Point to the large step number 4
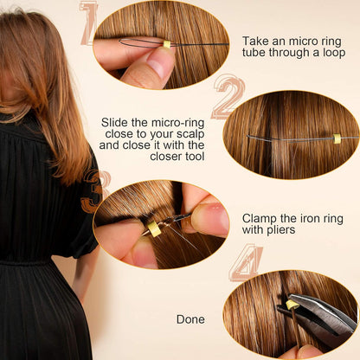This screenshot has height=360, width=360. [x=247, y=262]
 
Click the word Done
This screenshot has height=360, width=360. [x=190, y=319]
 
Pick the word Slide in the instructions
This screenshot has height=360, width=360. [x=117, y=122]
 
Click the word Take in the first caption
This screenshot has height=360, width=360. [x=257, y=41]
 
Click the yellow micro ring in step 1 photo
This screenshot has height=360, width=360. [x=167, y=43]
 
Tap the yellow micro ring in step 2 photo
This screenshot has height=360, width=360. [x=337, y=138]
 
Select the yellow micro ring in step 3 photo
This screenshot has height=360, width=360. [x=154, y=228]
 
